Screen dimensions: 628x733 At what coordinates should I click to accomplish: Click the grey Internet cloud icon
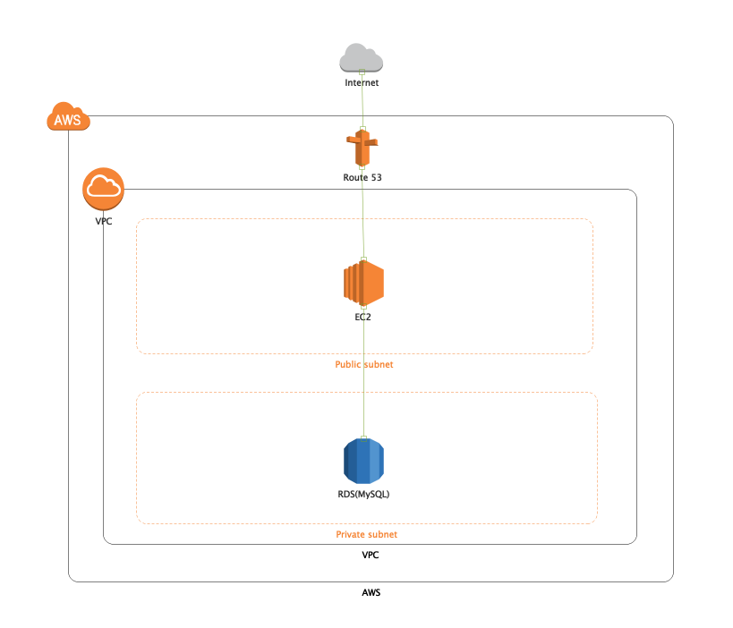click(x=362, y=58)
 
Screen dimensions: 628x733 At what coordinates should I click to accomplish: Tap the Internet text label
click(x=362, y=82)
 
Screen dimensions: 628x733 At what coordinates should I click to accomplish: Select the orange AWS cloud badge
click(x=68, y=117)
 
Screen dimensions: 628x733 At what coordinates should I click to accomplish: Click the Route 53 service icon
click(x=362, y=149)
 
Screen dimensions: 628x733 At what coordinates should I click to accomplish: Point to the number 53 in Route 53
click(x=376, y=177)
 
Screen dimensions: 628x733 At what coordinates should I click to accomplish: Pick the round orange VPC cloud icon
click(x=103, y=188)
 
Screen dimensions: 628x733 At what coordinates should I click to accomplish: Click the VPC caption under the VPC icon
click(x=104, y=221)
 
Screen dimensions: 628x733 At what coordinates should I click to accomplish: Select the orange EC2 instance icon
click(x=362, y=284)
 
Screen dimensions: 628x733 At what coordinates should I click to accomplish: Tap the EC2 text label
click(x=362, y=317)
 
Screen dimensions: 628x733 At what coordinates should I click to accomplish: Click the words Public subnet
click(x=363, y=364)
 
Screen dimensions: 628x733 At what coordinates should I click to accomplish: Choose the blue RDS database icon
click(x=362, y=462)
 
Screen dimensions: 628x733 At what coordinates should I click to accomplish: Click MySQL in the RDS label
click(x=371, y=494)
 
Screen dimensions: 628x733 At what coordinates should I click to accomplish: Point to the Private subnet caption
click(x=366, y=534)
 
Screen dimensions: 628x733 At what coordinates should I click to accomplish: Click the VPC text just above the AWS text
click(x=370, y=556)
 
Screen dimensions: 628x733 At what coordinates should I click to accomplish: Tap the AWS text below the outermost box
click(x=370, y=592)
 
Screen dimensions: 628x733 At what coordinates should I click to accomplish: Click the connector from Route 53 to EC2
click(x=362, y=215)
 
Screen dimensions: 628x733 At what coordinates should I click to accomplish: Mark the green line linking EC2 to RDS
click(x=362, y=376)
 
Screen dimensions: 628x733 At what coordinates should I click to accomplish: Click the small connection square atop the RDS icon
click(x=362, y=437)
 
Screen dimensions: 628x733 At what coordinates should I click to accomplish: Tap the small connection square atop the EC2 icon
click(x=362, y=259)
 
